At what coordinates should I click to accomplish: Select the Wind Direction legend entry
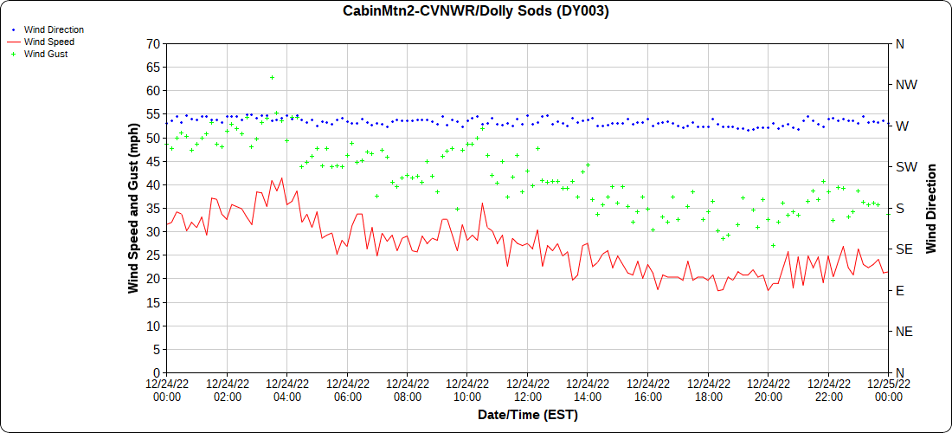coord(54,29)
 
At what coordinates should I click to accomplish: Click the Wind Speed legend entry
coord(48,42)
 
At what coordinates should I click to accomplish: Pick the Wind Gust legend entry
coord(46,54)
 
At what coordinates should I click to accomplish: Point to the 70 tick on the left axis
coord(153,43)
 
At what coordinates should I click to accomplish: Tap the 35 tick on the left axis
coord(153,208)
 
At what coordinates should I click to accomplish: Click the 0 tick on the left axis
coord(157,372)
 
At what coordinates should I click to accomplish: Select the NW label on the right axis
coord(905,85)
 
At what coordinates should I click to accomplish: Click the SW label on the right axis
coord(905,167)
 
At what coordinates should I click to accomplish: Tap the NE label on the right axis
coord(904,332)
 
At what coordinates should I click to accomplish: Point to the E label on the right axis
coord(899,290)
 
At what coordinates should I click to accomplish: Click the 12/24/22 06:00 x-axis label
coord(347,391)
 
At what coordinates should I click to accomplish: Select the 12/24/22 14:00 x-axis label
coord(588,391)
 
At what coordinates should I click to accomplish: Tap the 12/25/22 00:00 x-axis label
coord(888,391)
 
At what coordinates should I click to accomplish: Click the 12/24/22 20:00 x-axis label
coord(768,391)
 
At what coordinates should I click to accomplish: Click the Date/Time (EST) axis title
coord(527,415)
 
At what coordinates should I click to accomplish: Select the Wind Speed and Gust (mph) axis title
coord(133,208)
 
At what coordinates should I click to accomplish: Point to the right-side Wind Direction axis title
coord(931,208)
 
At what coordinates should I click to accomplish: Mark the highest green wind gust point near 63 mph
coord(272,77)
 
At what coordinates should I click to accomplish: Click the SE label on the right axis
coord(904,249)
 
